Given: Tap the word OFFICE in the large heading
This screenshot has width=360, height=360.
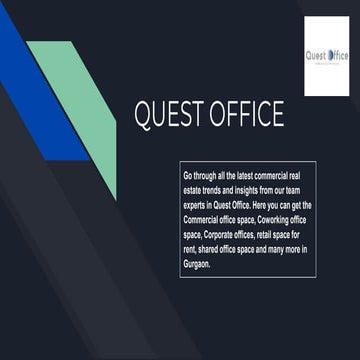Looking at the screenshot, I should [246, 115].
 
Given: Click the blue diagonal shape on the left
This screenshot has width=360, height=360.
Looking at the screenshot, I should [40, 90].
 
